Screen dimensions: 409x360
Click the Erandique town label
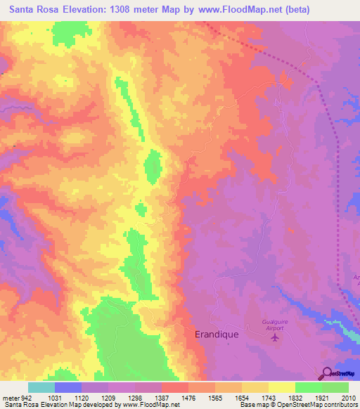click(x=216, y=335)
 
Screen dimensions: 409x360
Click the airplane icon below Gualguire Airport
click(x=274, y=338)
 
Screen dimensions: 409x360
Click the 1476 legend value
click(x=188, y=398)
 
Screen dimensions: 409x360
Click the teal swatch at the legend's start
click(x=41, y=387)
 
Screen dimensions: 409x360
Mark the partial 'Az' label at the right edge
click(x=356, y=279)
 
